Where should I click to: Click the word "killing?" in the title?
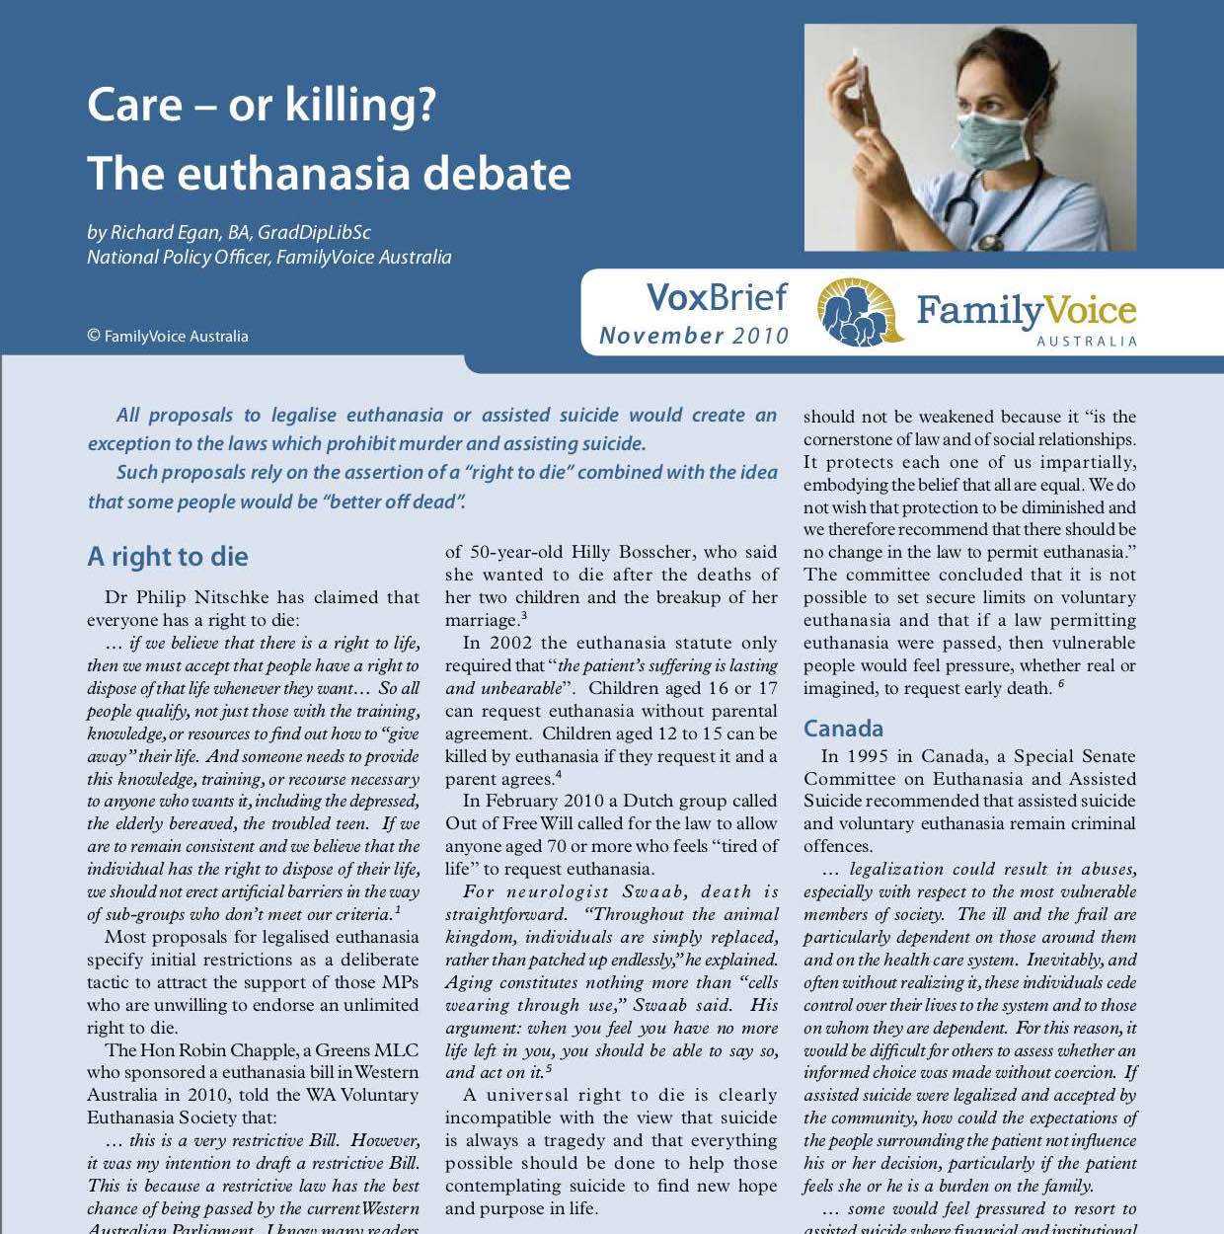tap(359, 106)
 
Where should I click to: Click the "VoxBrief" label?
tap(717, 297)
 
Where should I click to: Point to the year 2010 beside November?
tap(760, 336)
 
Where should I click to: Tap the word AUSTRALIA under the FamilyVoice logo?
tap(1087, 342)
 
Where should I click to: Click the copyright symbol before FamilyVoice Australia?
tap(94, 336)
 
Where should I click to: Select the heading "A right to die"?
tap(167, 557)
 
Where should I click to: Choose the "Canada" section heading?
tap(843, 729)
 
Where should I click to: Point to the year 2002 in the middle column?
tap(511, 643)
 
